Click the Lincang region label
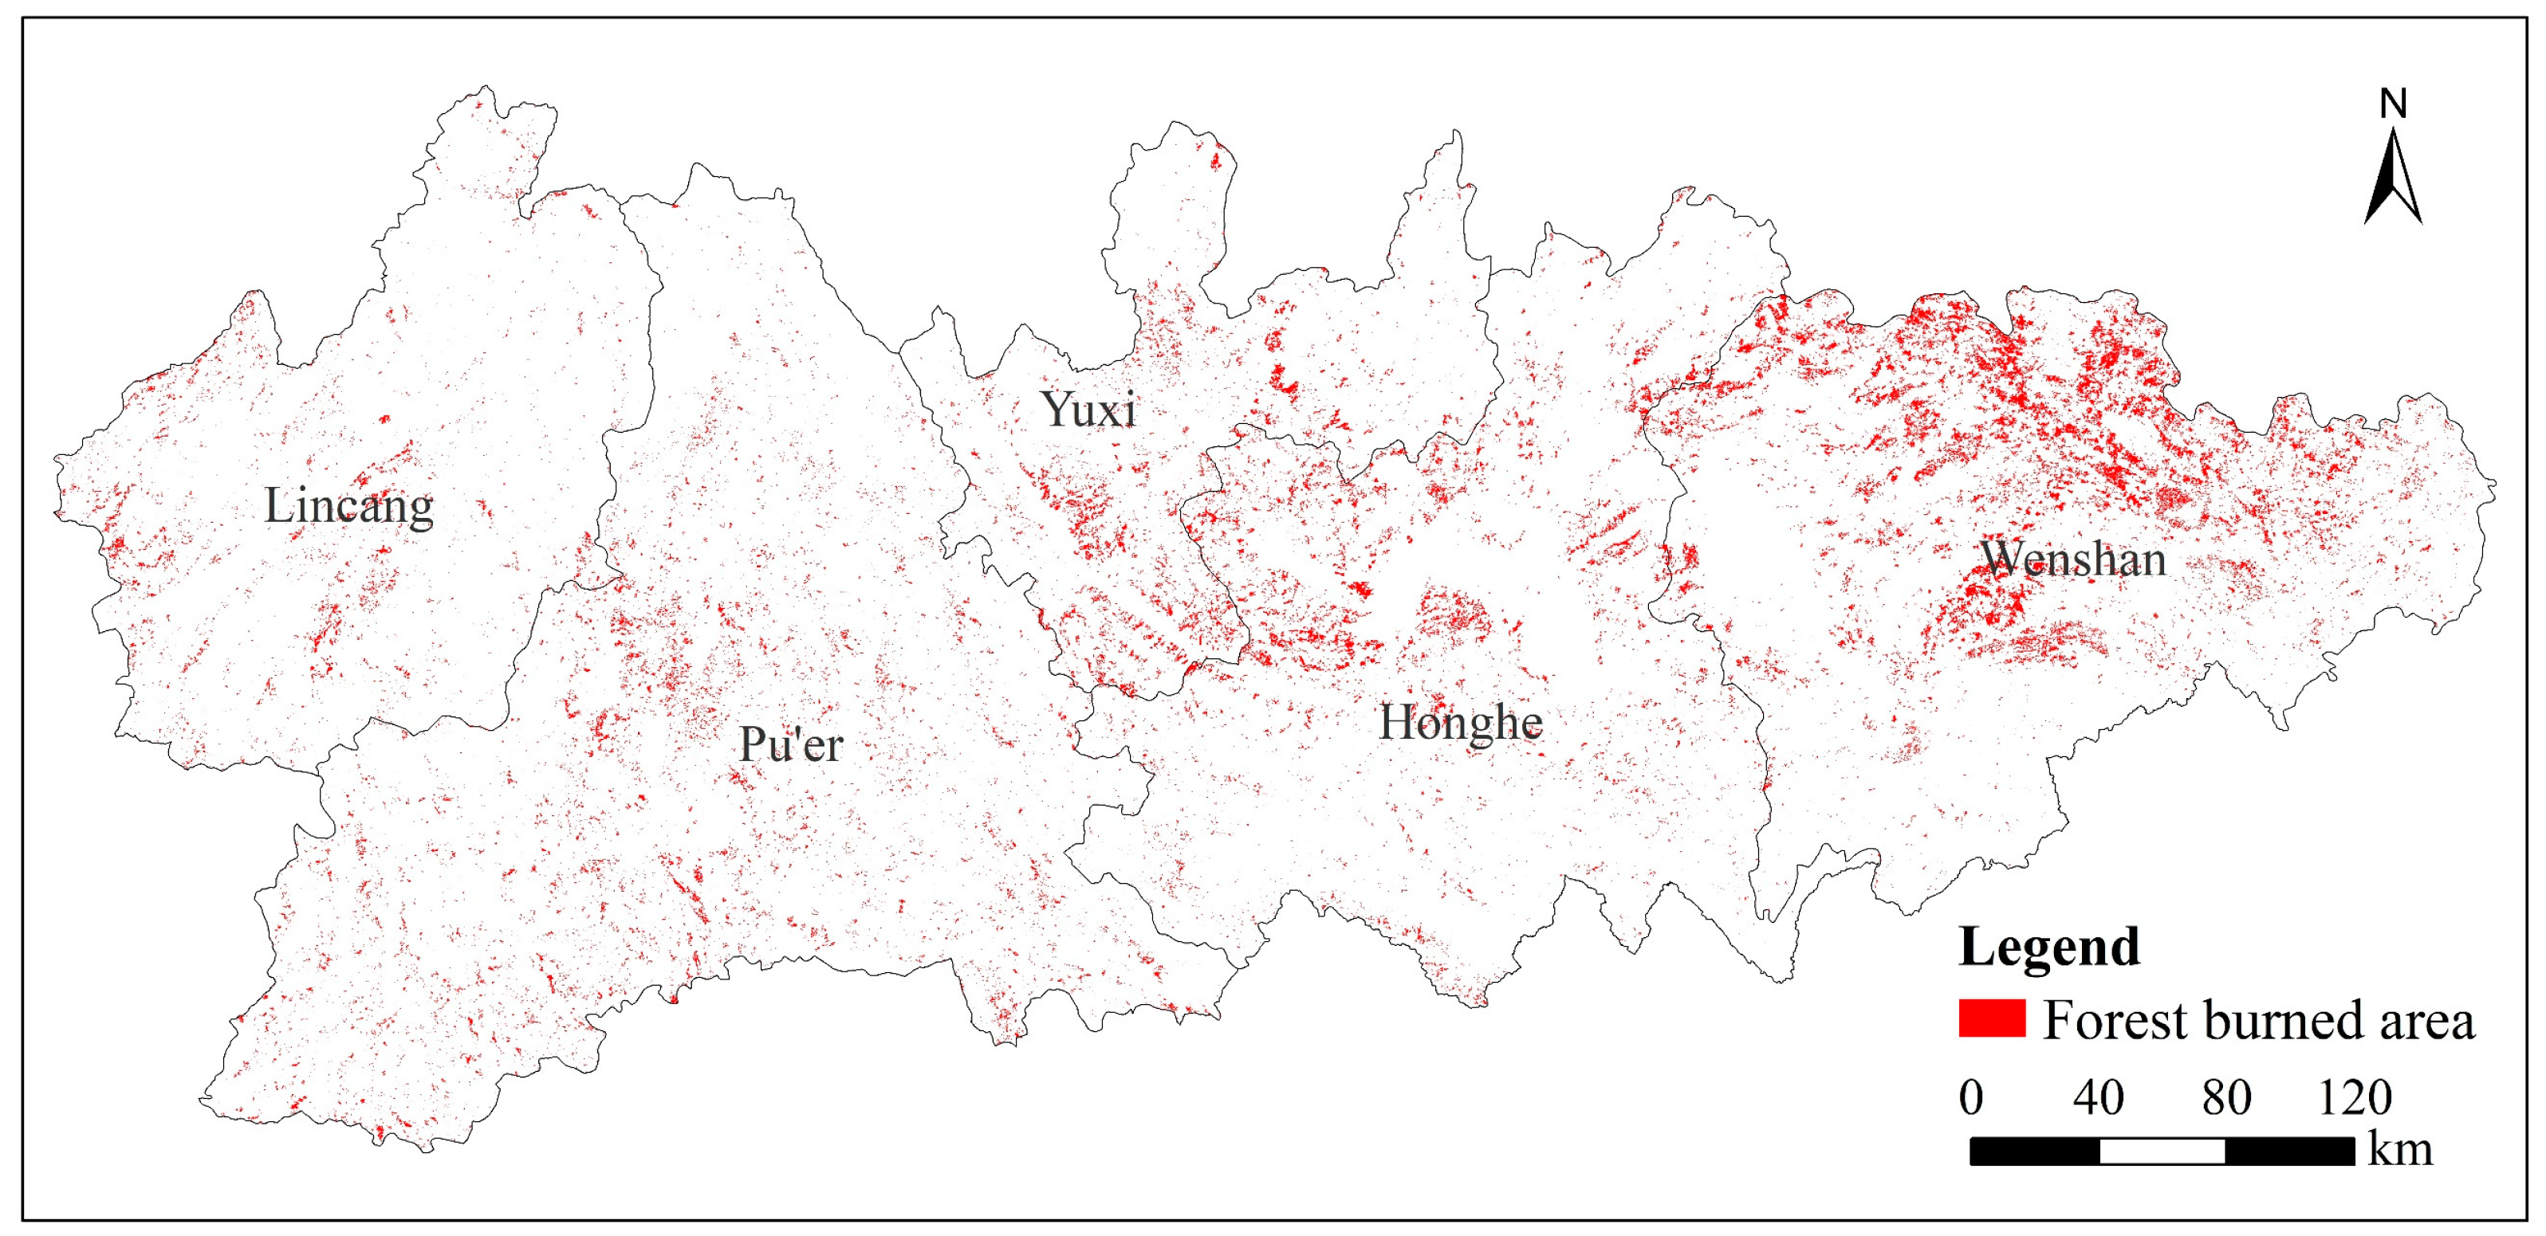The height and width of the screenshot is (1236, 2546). pyautogui.click(x=348, y=506)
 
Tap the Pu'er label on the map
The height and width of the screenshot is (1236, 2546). pyautogui.click(x=791, y=745)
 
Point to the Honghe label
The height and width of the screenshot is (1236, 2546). pyautogui.click(x=1460, y=722)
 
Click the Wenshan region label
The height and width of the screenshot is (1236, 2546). pyautogui.click(x=2072, y=560)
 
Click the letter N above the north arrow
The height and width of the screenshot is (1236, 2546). pyautogui.click(x=2393, y=104)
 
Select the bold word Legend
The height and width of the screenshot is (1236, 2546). pyautogui.click(x=2049, y=947)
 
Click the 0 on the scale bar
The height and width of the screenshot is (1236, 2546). pyautogui.click(x=1971, y=1097)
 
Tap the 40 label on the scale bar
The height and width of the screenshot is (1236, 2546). pyautogui.click(x=2098, y=1097)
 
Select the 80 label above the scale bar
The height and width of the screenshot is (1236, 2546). pyautogui.click(x=2225, y=1097)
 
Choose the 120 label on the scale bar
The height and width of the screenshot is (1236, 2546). pyautogui.click(x=2355, y=1097)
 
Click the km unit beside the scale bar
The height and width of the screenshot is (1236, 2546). pyautogui.click(x=2400, y=1150)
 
